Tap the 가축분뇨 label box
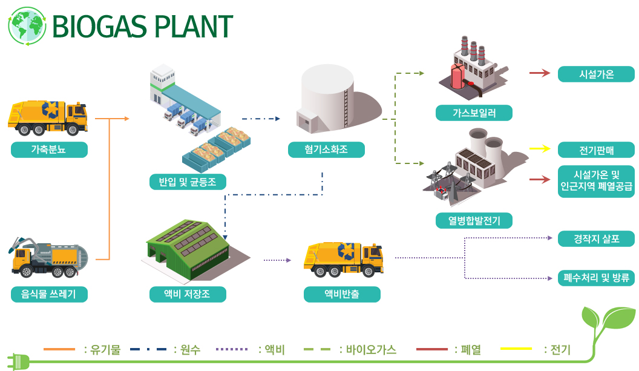[49, 149]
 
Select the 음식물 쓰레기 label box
[49, 294]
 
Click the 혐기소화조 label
[326, 149]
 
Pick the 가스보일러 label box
[474, 113]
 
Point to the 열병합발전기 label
[474, 220]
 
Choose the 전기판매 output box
[596, 150]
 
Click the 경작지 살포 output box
[596, 239]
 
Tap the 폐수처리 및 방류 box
[596, 278]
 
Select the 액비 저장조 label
[188, 294]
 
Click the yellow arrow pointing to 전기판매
[540, 148]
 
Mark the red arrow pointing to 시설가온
[540, 73]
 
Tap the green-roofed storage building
[192, 250]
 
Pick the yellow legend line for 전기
[516, 349]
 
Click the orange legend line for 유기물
[59, 349]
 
